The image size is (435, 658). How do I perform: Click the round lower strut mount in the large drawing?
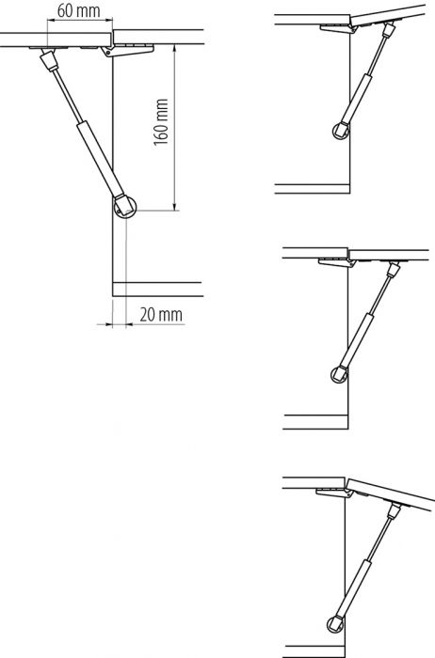click(x=122, y=206)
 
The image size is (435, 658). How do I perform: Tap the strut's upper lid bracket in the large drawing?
click(x=47, y=62)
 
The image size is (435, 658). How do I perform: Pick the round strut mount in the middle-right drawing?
click(x=337, y=376)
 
